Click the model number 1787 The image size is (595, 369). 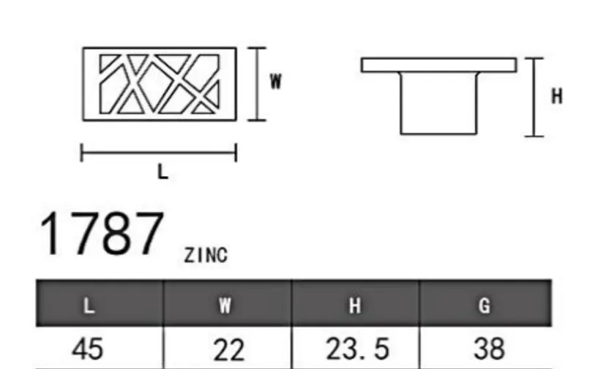(102, 234)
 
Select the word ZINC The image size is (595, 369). (206, 255)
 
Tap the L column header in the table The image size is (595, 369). (89, 305)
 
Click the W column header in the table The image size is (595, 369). (225, 305)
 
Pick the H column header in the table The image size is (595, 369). (355, 305)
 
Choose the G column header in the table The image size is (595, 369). (484, 305)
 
